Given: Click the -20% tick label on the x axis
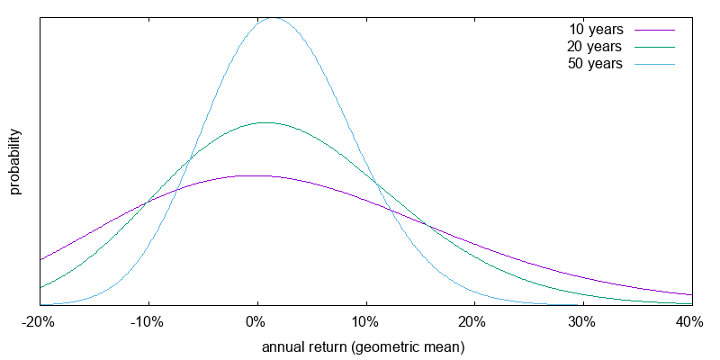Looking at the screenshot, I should point(40,323).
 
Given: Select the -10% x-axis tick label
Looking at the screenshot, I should point(148,323).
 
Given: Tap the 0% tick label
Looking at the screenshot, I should point(257,323).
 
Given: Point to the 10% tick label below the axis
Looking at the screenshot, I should point(365,323).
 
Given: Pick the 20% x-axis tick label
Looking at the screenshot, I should point(473,323).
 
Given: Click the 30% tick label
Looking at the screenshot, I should point(582,323).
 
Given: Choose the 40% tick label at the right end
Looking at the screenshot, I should point(690,323).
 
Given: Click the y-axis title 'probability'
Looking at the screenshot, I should point(15,162).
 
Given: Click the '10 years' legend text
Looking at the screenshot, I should point(596,30).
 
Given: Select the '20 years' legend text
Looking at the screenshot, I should point(596,47).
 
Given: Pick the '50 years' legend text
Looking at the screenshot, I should point(596,64).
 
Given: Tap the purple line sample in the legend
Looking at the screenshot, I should point(654,30).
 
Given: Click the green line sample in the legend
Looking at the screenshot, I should point(654,47).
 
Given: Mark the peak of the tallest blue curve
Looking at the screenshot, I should point(274,17).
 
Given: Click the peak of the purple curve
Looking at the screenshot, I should point(255,175).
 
